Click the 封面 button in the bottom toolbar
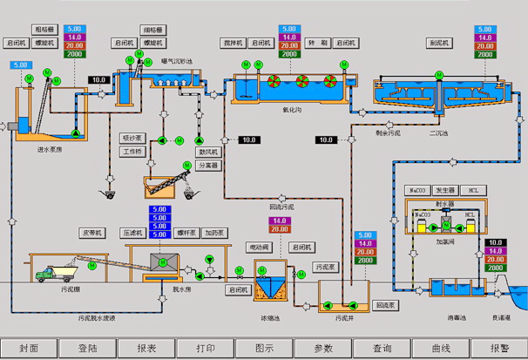(x=29, y=347)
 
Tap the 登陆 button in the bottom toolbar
(x=88, y=347)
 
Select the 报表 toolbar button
(x=146, y=347)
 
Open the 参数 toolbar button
(x=322, y=347)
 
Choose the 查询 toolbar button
(x=382, y=347)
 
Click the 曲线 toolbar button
(x=440, y=347)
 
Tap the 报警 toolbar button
(x=499, y=347)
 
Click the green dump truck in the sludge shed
(x=49, y=274)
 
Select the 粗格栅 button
(x=44, y=30)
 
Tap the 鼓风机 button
(x=206, y=151)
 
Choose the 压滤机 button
(x=132, y=234)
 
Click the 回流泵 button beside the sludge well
(x=386, y=306)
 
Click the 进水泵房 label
(x=51, y=149)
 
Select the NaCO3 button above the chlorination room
(x=418, y=189)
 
